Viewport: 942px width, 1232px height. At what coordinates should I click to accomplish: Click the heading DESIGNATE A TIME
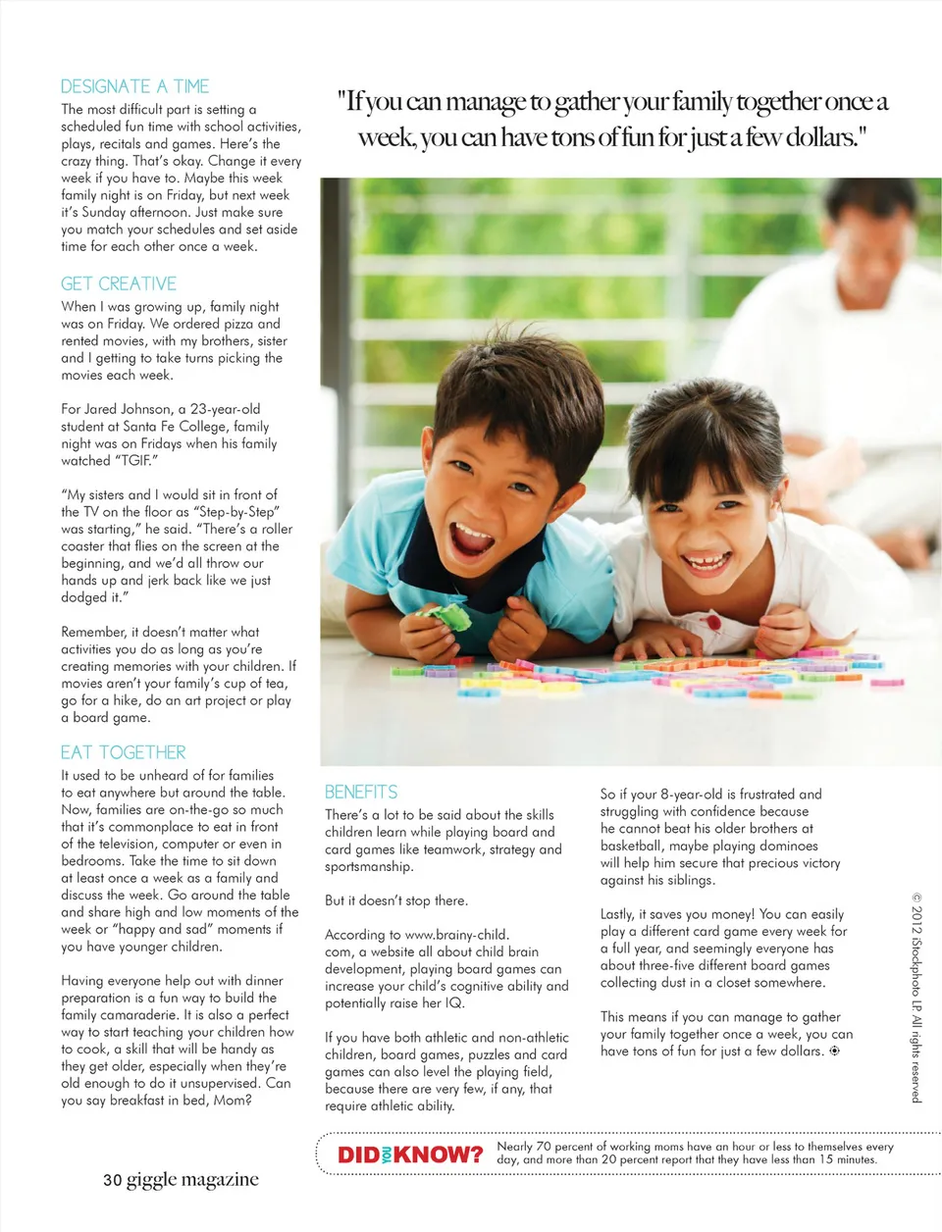(134, 86)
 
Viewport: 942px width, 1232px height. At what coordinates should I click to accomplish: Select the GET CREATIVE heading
(119, 283)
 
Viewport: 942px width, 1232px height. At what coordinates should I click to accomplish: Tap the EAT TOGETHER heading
(123, 752)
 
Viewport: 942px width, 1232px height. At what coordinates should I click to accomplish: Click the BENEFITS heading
(361, 792)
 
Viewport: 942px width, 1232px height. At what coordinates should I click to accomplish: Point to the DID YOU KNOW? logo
(410, 1155)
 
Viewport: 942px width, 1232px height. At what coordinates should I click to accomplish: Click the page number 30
(112, 1180)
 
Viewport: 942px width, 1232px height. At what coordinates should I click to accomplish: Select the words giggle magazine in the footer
(192, 1180)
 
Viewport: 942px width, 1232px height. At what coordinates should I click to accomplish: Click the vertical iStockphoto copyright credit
(916, 997)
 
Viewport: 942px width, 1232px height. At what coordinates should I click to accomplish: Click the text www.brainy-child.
(456, 935)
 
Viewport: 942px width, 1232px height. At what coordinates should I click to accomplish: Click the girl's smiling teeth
(705, 563)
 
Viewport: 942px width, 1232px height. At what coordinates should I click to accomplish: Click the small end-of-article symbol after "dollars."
(834, 1051)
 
